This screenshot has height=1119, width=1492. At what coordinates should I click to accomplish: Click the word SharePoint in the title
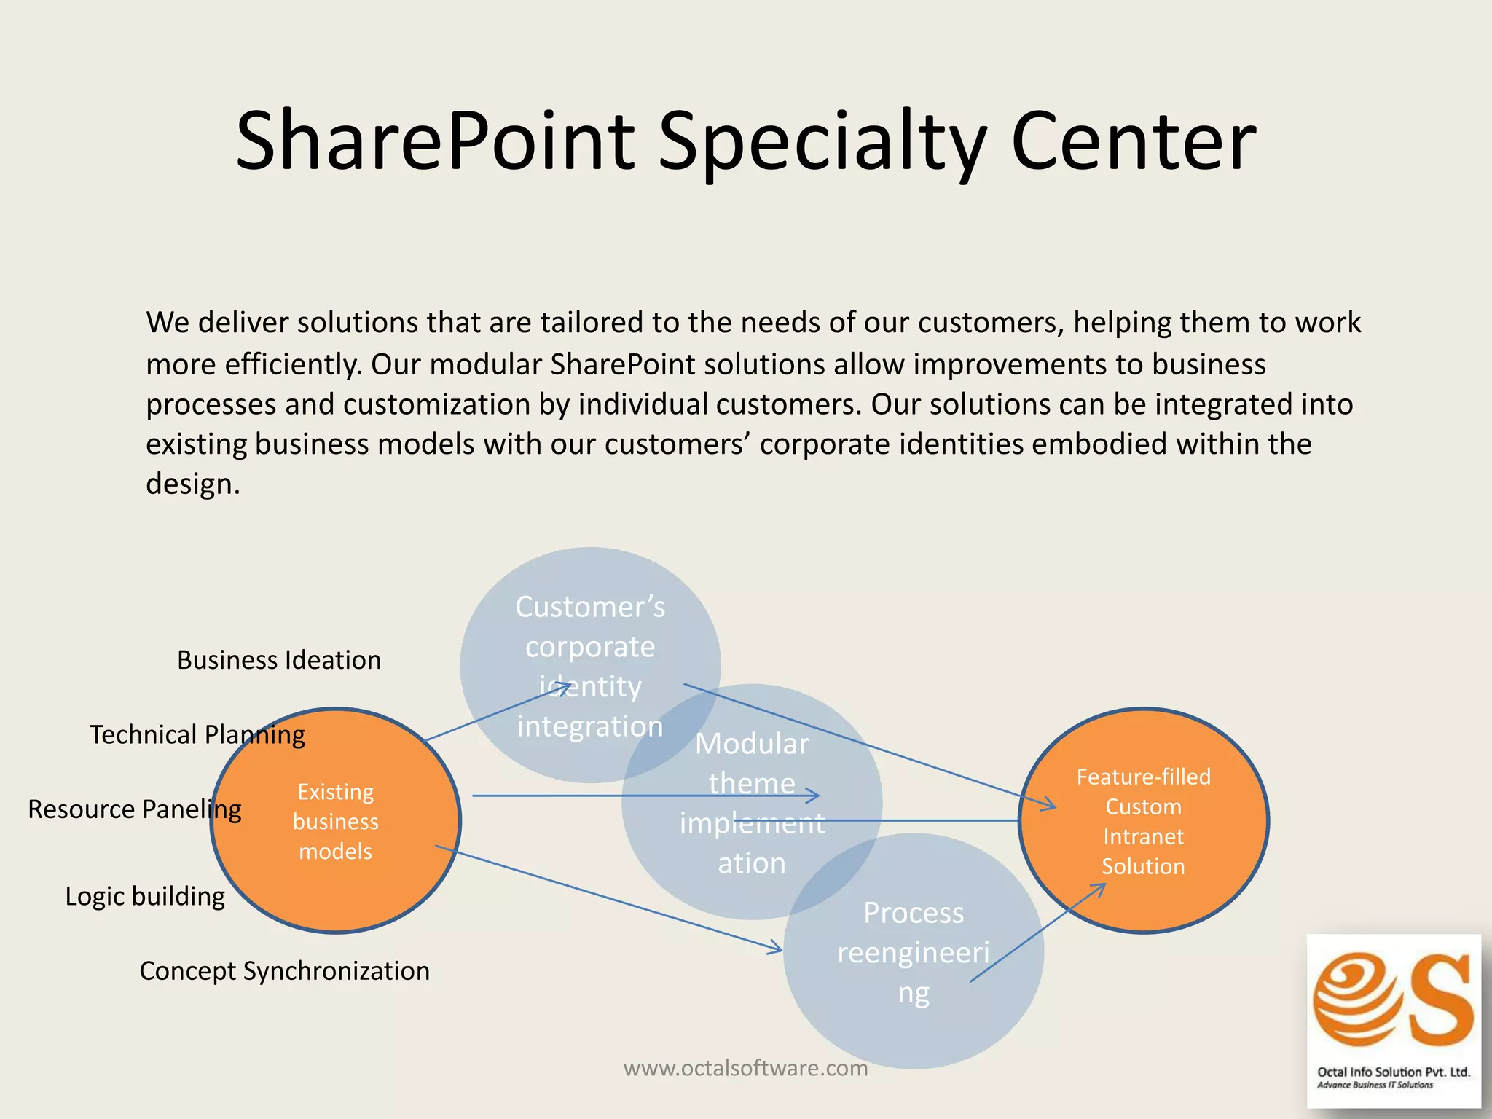436,140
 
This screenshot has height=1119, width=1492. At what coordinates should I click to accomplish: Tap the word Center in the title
1134,140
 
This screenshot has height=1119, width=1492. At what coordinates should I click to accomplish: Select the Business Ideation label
279,660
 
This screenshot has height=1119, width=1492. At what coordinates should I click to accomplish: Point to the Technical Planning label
197,734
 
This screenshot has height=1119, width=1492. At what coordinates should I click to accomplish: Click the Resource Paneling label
135,809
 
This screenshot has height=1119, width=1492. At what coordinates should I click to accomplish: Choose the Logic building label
145,896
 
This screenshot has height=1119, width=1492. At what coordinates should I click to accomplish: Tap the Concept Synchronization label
284,971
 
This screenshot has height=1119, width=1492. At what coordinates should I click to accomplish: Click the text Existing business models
336,821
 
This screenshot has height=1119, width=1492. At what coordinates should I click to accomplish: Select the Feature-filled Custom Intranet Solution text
1143,821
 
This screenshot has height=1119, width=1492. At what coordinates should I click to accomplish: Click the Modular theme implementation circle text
752,803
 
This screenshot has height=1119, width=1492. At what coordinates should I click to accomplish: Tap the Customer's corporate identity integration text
590,666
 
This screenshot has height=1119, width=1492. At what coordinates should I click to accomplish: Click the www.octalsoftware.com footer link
745,1068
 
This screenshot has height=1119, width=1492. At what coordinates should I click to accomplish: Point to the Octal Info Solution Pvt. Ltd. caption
1394,1072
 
